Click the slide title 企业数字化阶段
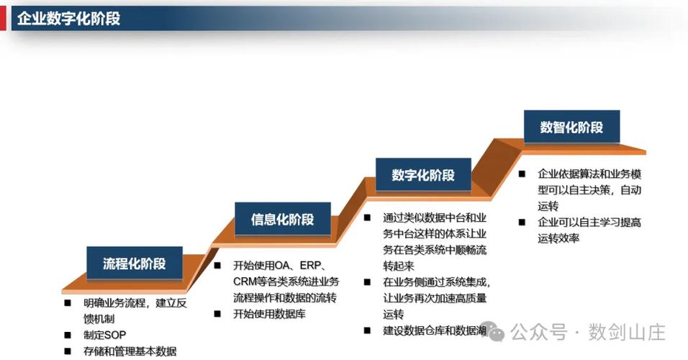pyautogui.click(x=68, y=19)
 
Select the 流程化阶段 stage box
pyautogui.click(x=135, y=263)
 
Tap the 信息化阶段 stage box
pyautogui.click(x=283, y=219)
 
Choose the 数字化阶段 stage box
pyautogui.click(x=423, y=175)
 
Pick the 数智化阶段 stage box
pyautogui.click(x=571, y=127)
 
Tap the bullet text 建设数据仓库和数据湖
pyautogui.click(x=435, y=330)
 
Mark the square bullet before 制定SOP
pyautogui.click(x=68, y=335)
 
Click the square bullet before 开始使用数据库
pyautogui.click(x=217, y=314)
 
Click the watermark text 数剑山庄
pyautogui.click(x=627, y=332)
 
